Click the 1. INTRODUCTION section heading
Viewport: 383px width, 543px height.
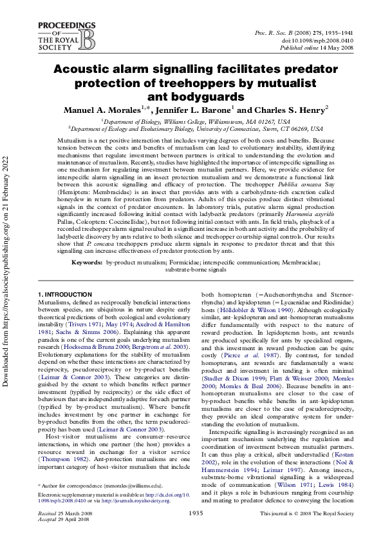65,295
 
